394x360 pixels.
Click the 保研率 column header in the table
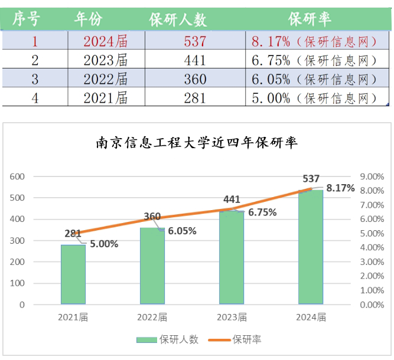click(x=310, y=19)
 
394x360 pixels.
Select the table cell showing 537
click(x=195, y=41)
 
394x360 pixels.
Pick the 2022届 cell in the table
click(x=106, y=79)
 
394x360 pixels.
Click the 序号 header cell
click(x=26, y=19)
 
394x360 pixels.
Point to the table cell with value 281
click(x=195, y=97)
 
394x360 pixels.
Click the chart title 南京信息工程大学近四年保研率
click(x=197, y=143)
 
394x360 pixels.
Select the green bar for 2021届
click(x=73, y=274)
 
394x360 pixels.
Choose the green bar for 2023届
click(x=232, y=257)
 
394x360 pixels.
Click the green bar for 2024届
click(x=311, y=247)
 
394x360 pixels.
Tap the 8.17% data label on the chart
click(x=340, y=188)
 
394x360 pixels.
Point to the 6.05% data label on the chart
click(x=182, y=231)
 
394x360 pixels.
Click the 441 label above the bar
click(x=232, y=199)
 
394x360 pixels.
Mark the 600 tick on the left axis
click(x=17, y=176)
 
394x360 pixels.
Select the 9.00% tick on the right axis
click(x=372, y=176)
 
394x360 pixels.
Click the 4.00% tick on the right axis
click(x=372, y=247)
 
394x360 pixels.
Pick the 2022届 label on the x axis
click(x=152, y=318)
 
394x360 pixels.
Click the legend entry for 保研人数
click(x=167, y=340)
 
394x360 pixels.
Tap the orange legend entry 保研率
click(x=235, y=340)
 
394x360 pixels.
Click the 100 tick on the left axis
click(x=17, y=283)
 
